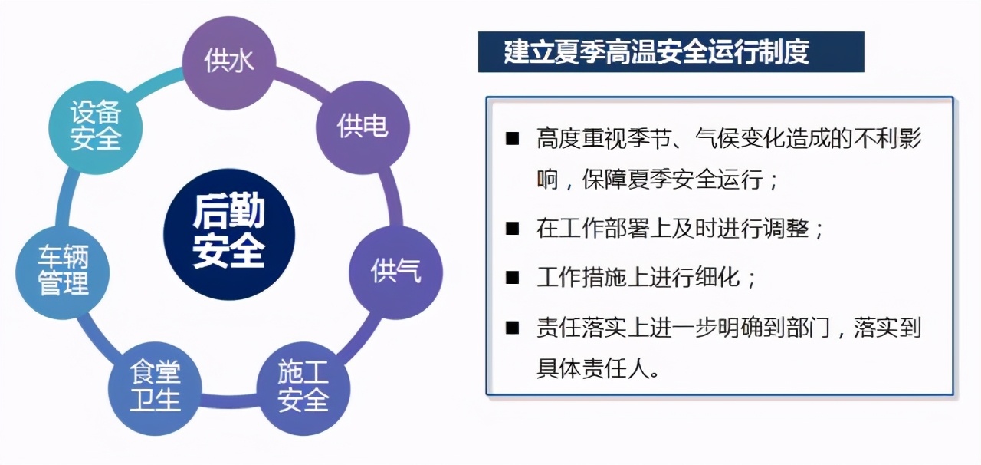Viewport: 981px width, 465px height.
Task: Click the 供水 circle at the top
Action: pos(228,61)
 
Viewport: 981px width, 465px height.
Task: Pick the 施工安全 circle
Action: pos(303,387)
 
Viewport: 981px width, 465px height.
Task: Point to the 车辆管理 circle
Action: pos(63,272)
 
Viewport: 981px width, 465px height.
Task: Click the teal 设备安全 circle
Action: pos(96,127)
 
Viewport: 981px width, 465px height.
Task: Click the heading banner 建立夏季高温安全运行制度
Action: pos(671,52)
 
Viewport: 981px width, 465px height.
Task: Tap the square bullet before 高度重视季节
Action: pos(512,139)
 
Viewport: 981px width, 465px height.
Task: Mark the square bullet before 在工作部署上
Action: pos(512,229)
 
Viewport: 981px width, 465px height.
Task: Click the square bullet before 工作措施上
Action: pos(512,278)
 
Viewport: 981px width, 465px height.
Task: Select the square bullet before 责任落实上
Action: pos(512,328)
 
